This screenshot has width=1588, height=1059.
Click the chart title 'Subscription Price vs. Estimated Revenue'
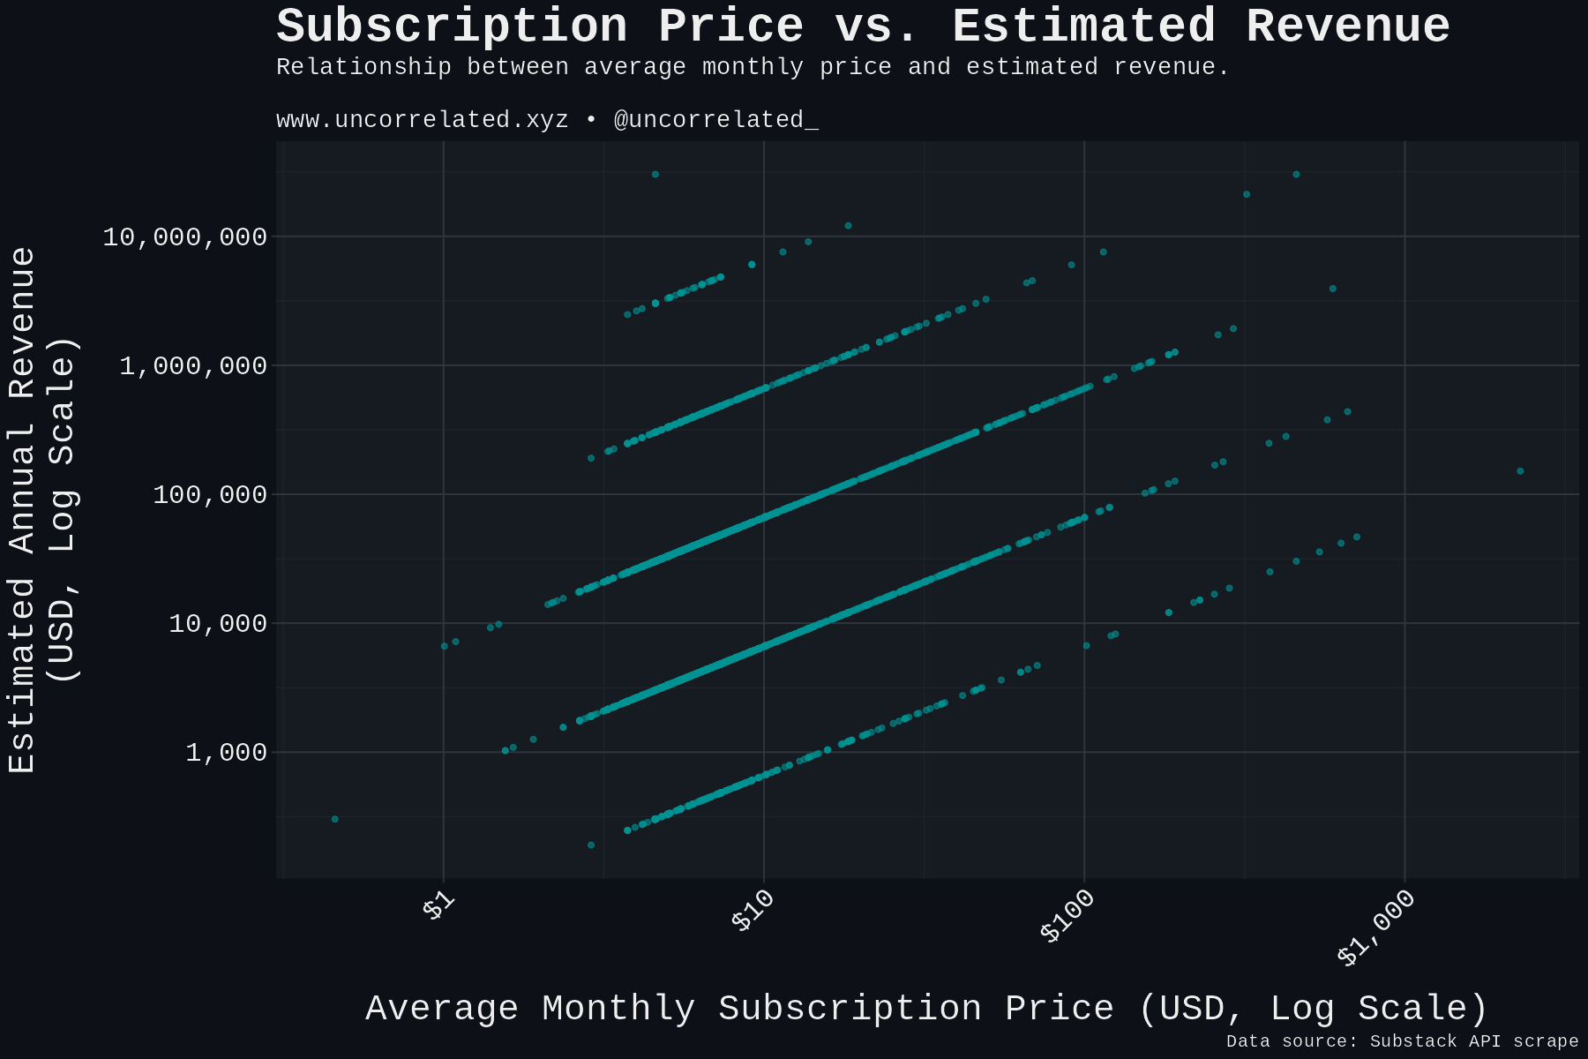coord(863,26)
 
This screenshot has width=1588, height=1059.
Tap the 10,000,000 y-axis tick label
coord(184,237)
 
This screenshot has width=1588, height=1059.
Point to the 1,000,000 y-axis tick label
coord(192,365)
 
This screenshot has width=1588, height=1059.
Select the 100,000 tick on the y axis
coord(209,494)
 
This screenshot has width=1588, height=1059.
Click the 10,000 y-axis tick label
coord(217,624)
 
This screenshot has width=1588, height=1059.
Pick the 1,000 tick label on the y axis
coord(226,753)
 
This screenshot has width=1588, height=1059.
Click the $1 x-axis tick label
coord(438,906)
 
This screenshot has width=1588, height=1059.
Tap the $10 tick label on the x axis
coord(753,911)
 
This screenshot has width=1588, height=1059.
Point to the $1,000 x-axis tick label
coord(1376,928)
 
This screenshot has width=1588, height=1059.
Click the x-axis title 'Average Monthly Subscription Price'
coord(926,1009)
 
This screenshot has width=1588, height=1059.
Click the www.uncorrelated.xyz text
coord(422,120)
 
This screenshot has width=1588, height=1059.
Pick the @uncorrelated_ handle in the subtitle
coord(715,120)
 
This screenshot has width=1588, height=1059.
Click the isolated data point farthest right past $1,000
coord(1520,471)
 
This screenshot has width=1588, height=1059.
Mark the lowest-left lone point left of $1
coord(335,819)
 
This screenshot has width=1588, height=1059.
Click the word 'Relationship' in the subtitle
coord(363,67)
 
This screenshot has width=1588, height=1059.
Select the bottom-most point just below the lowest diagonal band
coord(591,845)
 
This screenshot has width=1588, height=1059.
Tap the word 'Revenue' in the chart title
coord(1347,26)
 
